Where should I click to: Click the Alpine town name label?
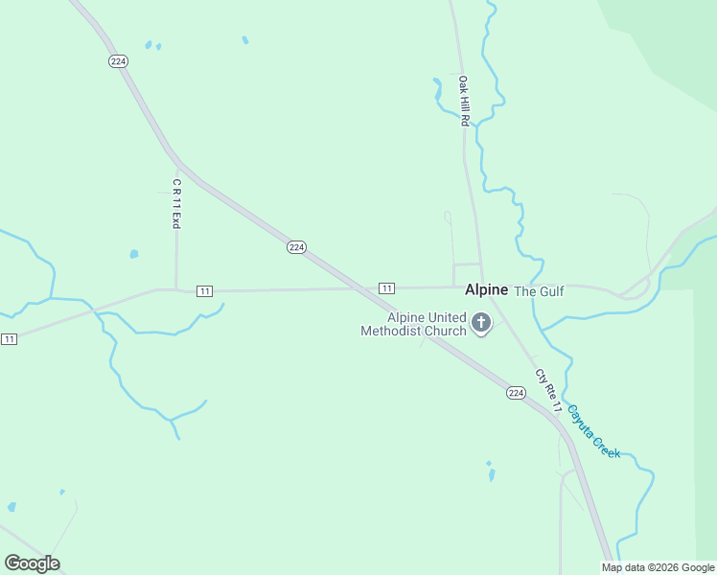coord(486,289)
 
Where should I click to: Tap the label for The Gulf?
coord(540,291)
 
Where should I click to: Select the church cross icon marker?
coord(481,325)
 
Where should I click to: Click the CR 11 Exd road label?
coord(176,203)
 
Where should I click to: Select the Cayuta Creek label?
coord(593,430)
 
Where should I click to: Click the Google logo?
coord(33,563)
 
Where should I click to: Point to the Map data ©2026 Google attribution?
coord(659,567)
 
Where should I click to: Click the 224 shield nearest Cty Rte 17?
coord(516,393)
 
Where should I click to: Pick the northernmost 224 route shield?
coord(118,60)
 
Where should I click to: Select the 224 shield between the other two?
coord(296,247)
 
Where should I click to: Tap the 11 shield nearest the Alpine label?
coord(386,288)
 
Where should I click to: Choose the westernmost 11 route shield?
coord(9,339)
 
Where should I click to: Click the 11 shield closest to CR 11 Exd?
coord(204,290)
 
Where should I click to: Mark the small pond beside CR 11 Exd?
coord(133,255)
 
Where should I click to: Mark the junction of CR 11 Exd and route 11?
coord(176,289)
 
